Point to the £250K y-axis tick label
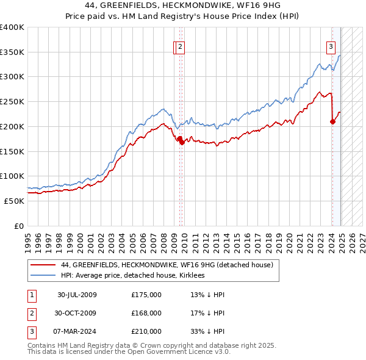[x=12, y=102]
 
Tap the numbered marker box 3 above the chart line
[x=331, y=45]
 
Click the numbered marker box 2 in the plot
[x=182, y=45]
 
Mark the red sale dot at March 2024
[x=332, y=121]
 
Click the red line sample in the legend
[x=42, y=265]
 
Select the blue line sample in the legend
[x=42, y=275]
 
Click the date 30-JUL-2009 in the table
[x=77, y=295]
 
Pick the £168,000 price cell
[x=146, y=313]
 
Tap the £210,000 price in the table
[x=146, y=331]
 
